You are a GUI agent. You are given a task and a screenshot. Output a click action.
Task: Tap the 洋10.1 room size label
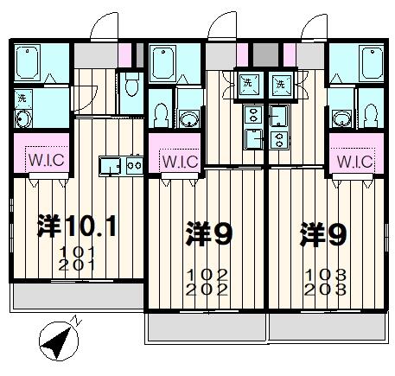tap(77, 227)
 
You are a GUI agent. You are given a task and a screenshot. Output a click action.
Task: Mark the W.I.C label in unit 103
tap(354, 161)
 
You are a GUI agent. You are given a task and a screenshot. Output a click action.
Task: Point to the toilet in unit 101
tap(131, 84)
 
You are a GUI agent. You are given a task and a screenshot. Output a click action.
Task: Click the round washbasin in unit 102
tap(188, 118)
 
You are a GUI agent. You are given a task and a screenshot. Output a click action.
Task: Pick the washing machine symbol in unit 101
tap(23, 97)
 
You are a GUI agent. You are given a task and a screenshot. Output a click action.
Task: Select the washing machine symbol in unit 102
tap(248, 84)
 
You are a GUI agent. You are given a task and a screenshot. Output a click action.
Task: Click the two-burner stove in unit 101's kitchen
tap(134, 163)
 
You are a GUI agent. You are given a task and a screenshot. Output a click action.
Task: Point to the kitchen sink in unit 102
tap(253, 138)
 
